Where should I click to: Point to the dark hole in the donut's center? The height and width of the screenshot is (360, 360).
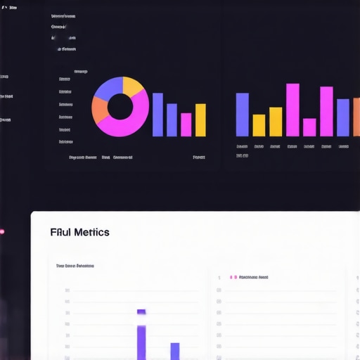pyautogui.click(x=120, y=107)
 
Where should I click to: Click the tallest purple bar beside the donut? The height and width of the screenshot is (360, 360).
pyautogui.click(x=157, y=114)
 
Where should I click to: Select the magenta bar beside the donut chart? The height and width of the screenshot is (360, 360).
pyautogui.click(x=186, y=124)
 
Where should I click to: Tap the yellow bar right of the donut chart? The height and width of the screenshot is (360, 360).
pyautogui.click(x=200, y=120)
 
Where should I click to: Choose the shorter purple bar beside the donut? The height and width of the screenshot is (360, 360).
pyautogui.click(x=172, y=120)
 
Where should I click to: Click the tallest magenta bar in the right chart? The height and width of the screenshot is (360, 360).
pyautogui.click(x=292, y=109)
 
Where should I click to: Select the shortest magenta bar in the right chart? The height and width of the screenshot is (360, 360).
pyautogui.click(x=309, y=127)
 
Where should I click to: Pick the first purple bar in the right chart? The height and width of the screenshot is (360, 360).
pyautogui.click(x=242, y=114)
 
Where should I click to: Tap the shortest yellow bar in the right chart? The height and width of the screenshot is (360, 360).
pyautogui.click(x=259, y=124)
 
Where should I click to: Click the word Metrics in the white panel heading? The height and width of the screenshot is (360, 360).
pyautogui.click(x=91, y=232)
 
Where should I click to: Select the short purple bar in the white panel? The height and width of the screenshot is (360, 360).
pyautogui.click(x=175, y=351)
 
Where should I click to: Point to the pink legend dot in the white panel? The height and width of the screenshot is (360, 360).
pyautogui.click(x=235, y=277)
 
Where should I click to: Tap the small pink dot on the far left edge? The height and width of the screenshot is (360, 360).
pyautogui.click(x=1, y=231)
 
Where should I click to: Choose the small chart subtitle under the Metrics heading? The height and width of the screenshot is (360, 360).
pyautogui.click(x=75, y=266)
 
